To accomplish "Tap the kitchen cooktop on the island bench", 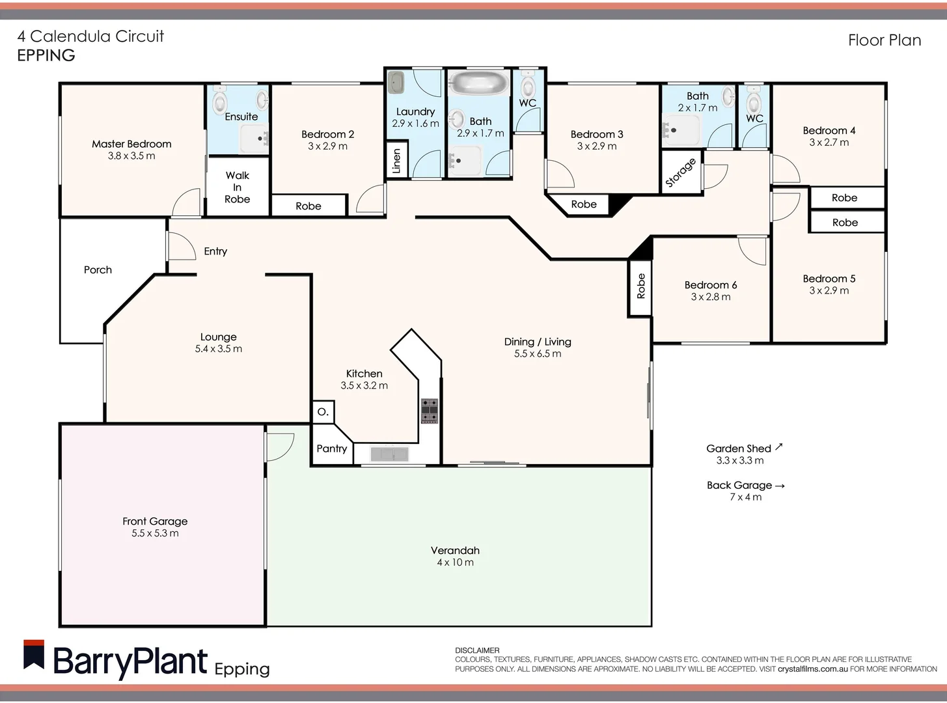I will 429,411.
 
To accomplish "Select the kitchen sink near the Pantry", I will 389,454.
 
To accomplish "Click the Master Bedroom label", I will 131,144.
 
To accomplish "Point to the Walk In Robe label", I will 237,187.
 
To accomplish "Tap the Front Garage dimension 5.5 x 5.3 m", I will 155,533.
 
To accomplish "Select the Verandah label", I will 455,550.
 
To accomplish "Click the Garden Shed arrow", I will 779,447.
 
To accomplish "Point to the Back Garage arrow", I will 780,486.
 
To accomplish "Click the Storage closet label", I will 681,172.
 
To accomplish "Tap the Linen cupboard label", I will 396,161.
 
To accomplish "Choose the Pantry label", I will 331,448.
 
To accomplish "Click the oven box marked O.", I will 323,412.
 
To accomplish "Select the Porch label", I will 98,269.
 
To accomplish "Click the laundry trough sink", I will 396,83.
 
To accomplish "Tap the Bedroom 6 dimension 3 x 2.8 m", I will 711,297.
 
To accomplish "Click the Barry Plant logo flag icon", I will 34,655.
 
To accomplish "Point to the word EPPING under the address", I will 46,55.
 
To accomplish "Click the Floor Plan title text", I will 884,40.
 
